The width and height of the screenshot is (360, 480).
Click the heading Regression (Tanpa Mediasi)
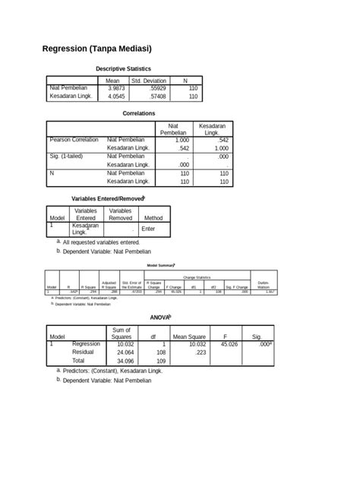click(x=97, y=49)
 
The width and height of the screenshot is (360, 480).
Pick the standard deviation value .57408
click(x=148, y=96)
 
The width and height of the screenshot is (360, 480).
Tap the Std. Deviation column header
click(x=149, y=80)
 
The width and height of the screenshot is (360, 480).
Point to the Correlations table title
click(x=139, y=113)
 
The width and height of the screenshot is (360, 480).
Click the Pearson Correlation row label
click(x=74, y=140)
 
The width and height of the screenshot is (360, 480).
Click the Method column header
click(x=153, y=217)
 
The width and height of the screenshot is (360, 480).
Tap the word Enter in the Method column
click(x=148, y=228)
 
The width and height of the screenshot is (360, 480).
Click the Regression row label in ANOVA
click(x=87, y=344)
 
